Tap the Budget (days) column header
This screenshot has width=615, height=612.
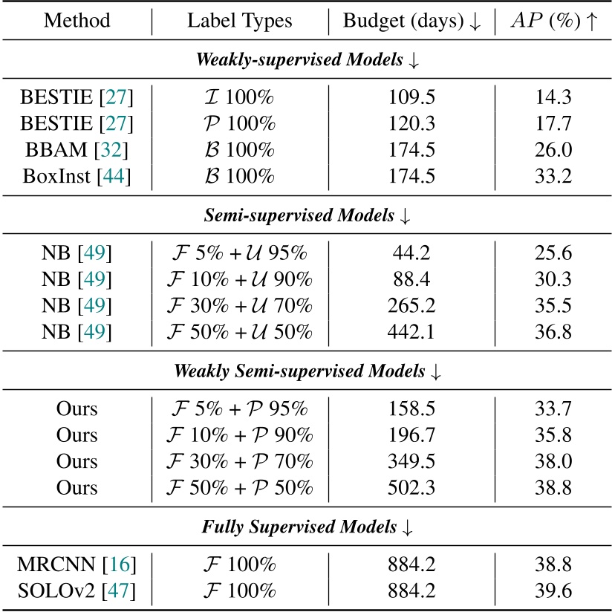pos(411,21)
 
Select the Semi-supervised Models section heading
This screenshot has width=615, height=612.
pos(307,217)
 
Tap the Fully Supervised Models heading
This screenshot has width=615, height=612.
pos(307,527)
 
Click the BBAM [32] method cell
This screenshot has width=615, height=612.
pos(75,151)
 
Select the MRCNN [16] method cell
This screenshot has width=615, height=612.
pos(75,564)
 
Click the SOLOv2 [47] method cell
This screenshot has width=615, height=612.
pos(75,591)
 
